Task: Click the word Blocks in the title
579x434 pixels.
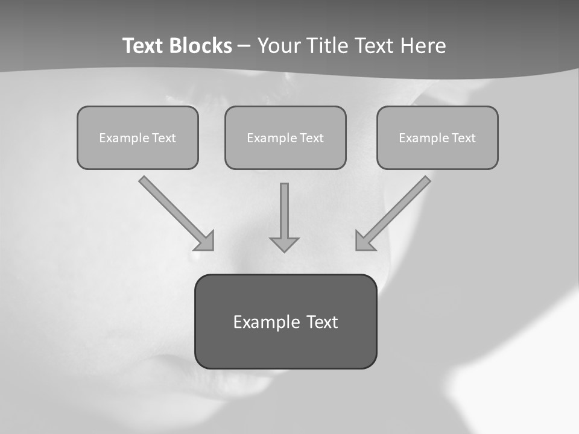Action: pyautogui.click(x=201, y=46)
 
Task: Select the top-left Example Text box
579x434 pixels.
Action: pyautogui.click(x=138, y=137)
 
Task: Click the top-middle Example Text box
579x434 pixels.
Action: pyautogui.click(x=285, y=137)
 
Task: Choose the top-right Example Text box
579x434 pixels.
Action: pyautogui.click(x=437, y=137)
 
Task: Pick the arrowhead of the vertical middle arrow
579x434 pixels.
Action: pyautogui.click(x=284, y=244)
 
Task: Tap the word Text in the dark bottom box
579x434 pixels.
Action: pyautogui.click(x=321, y=322)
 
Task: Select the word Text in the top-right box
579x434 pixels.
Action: pyautogui.click(x=464, y=138)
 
